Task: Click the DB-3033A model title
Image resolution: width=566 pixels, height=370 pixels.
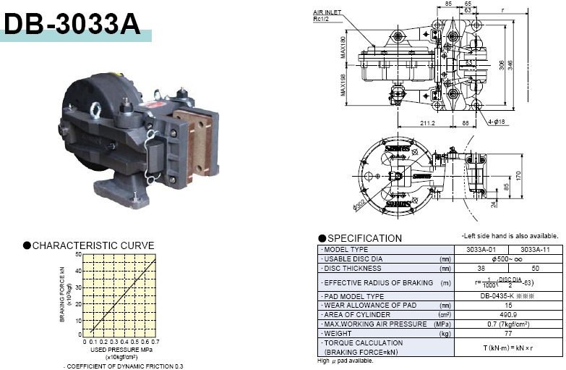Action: [72, 23]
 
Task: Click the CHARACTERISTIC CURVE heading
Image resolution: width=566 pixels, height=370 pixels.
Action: [95, 245]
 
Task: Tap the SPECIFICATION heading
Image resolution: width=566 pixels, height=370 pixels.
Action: [364, 238]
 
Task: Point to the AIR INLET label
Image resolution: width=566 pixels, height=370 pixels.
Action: [327, 12]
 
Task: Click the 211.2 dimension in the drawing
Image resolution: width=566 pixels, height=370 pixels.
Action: [427, 123]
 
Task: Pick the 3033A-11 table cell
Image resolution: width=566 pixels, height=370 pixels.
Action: [534, 250]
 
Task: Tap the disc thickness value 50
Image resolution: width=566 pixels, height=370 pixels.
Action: [534, 267]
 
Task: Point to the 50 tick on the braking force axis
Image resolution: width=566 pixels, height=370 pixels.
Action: [79, 255]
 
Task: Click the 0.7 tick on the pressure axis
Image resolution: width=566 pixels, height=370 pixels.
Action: [155, 341]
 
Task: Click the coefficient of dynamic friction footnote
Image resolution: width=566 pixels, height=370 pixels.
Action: [123, 366]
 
